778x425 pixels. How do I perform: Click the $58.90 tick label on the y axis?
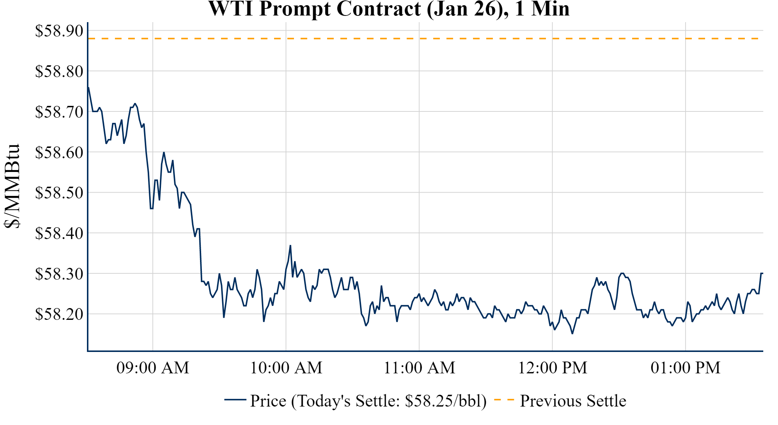coord(59,31)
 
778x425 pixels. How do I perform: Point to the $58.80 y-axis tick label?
coord(59,71)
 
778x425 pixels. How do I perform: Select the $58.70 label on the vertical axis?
coord(59,112)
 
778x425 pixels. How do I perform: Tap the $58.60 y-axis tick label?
coord(59,152)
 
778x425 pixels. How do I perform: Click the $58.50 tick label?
coord(59,193)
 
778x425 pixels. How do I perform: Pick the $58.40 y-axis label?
coord(59,233)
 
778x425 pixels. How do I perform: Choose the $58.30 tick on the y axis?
coord(59,274)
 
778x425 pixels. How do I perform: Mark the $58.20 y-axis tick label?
coord(59,314)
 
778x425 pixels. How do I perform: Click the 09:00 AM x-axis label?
coord(153,368)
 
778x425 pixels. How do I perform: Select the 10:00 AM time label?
coord(286,368)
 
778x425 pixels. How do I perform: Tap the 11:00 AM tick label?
coord(420,368)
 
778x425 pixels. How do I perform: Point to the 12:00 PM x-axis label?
coord(553,368)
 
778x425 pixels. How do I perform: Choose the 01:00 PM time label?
coord(686,368)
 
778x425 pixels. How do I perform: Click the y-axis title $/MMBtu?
coord(12,186)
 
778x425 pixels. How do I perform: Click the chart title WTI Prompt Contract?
coord(389,9)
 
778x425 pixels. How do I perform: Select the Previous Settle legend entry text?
coord(573,401)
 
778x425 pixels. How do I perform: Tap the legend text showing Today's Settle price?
coord(368,401)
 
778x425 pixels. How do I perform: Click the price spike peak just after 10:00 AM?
coord(290,245)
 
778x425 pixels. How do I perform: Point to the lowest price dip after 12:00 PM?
coord(572,334)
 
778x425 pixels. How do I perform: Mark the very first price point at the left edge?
coord(88,87)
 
